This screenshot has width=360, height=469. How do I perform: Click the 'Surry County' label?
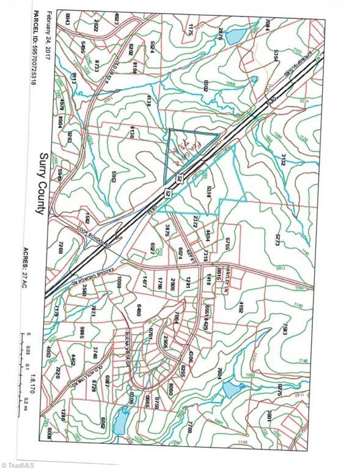(x=41, y=183)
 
